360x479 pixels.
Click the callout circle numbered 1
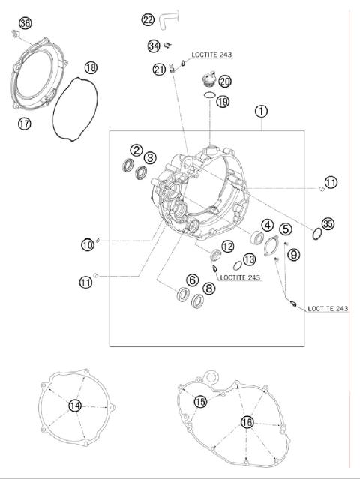[x=261, y=112]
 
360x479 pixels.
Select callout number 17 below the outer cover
[x=24, y=124]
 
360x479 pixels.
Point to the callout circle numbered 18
[x=91, y=68]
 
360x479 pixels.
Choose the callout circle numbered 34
[x=153, y=46]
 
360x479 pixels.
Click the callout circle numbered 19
[x=223, y=101]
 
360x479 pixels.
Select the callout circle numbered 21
[x=159, y=70]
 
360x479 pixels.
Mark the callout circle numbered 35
[x=328, y=223]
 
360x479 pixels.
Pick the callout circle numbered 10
[x=88, y=244]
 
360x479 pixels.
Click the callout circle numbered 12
[x=226, y=246]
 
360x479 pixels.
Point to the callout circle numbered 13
[x=249, y=259]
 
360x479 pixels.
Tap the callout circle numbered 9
[x=293, y=255]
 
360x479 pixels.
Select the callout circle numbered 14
[x=73, y=406]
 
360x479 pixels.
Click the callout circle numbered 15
[x=199, y=402]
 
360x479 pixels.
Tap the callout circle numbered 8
[x=208, y=288]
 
